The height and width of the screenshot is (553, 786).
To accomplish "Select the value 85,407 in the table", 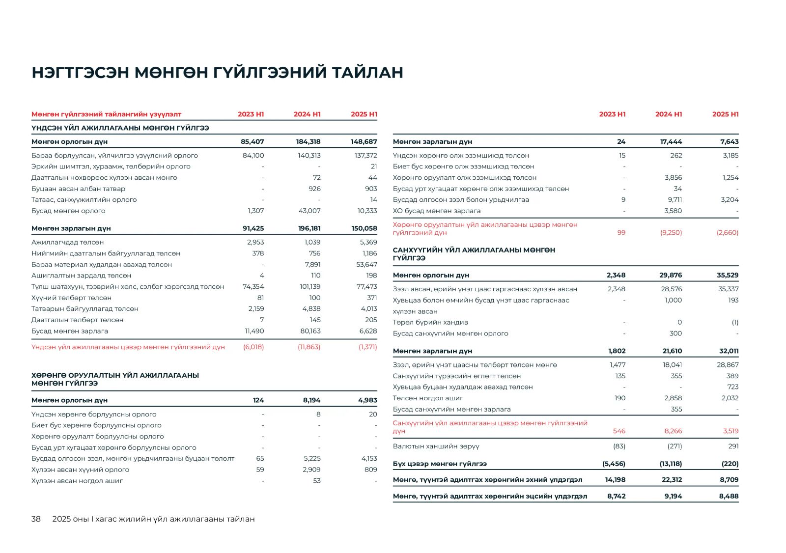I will click(252, 141).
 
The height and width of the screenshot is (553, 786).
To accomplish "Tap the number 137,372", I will click(365, 155).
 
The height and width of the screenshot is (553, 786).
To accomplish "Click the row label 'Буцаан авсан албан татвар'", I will click(78, 189).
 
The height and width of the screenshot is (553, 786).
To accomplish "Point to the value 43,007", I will click(309, 211).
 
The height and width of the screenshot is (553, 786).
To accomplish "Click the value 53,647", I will click(366, 264).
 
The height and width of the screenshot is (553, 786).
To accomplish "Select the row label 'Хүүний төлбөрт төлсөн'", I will click(71, 298).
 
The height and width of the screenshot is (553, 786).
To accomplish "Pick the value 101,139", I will click(310, 286).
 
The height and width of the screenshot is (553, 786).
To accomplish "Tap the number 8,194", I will click(311, 400).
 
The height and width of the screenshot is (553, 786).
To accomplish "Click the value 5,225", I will click(312, 458).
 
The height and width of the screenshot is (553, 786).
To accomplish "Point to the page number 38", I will click(36, 519).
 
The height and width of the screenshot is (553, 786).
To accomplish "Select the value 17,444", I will click(671, 141).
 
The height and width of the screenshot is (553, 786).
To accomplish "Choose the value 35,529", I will click(727, 275).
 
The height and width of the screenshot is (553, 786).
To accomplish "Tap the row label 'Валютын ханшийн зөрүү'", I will click(436, 446).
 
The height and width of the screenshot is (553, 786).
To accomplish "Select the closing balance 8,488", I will click(729, 496).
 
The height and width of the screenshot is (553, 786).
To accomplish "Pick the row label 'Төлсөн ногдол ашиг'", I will click(428, 398).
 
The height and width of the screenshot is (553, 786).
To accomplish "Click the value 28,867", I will click(728, 364).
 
